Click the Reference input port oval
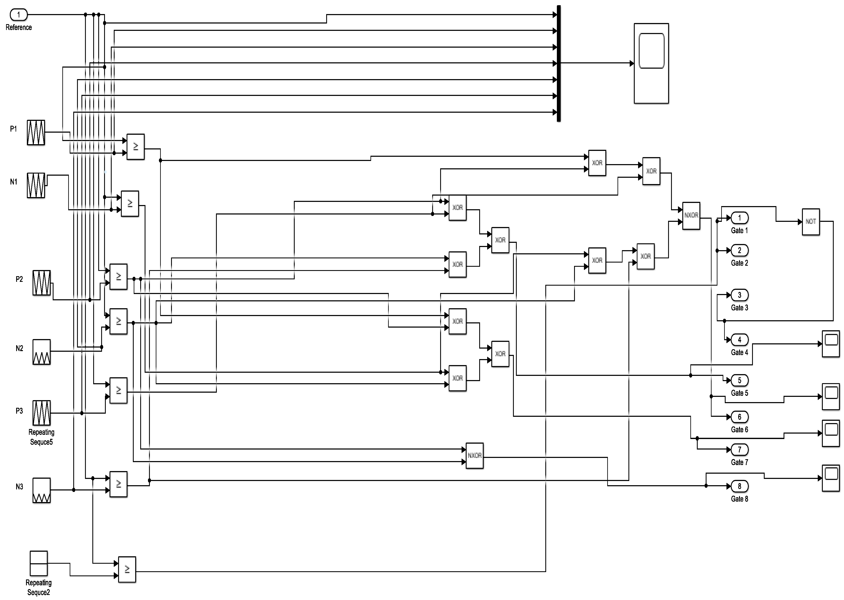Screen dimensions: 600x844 (x=18, y=15)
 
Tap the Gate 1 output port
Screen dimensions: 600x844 (x=739, y=218)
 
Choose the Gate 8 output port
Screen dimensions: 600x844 (x=739, y=486)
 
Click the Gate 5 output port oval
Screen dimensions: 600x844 (x=739, y=380)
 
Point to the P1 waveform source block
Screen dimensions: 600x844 (x=36, y=132)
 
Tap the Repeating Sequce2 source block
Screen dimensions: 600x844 (x=38, y=563)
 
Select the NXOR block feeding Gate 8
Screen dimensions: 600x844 (x=474, y=456)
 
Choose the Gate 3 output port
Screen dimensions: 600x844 (x=739, y=295)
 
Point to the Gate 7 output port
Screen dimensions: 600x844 (x=739, y=450)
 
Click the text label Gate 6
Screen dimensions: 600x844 (x=739, y=430)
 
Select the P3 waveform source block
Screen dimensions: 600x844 (x=41, y=413)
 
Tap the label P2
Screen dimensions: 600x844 (x=19, y=279)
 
